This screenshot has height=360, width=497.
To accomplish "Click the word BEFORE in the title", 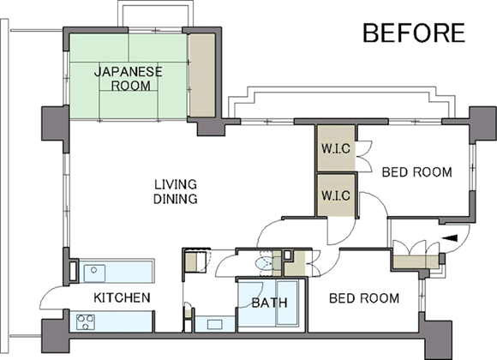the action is coord(414,33).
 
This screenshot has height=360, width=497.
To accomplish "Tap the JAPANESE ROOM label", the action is coord(129,79).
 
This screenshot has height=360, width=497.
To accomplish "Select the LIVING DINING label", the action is coord(176,192).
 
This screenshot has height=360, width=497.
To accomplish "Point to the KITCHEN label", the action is coord(122,297).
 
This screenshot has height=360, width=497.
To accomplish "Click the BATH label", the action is coord(270,303).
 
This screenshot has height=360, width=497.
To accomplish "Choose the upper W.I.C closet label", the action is coord(336,148).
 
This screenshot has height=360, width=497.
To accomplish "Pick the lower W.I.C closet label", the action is coord(336,195).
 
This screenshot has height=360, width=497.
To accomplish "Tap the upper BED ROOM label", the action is coord(416,172).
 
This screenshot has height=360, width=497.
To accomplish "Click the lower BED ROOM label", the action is coord(364,298).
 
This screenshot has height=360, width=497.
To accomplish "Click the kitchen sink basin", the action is coord(94,273).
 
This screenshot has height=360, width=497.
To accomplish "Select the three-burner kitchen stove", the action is coord(86,322).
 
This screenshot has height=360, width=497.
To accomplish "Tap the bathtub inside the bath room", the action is coord(287,303).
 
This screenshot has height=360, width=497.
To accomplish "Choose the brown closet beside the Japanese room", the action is coord(202,75).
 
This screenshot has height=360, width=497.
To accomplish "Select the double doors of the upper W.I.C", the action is coord(363,156).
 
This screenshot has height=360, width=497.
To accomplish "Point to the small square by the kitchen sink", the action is coord(73,271).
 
